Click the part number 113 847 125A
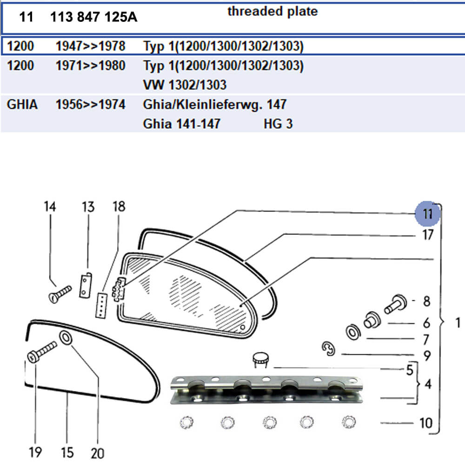click(93, 18)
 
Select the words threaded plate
click(272, 12)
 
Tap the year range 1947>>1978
click(90, 46)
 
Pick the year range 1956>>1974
click(90, 105)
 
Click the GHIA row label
click(22, 105)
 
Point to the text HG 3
click(278, 124)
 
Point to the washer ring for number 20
click(65, 338)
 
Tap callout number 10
click(425, 423)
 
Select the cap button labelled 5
click(261, 359)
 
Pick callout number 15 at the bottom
click(67, 452)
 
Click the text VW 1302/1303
click(185, 85)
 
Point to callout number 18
click(119, 207)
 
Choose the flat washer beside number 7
click(353, 332)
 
